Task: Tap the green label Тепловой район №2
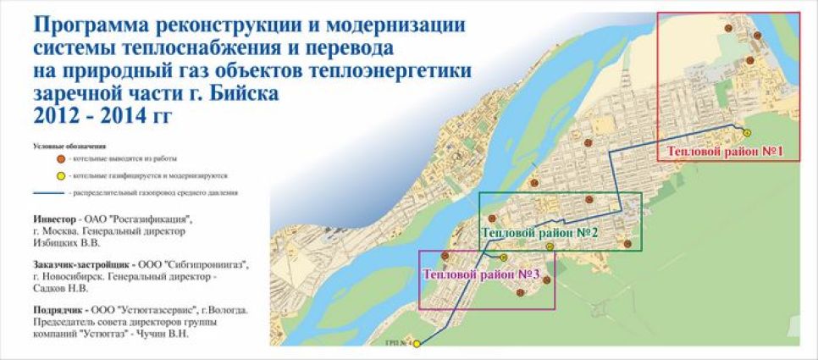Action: (x=542, y=232)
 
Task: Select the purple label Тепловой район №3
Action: (x=482, y=274)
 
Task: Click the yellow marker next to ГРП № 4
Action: (x=416, y=343)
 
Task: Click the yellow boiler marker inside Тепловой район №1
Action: (x=746, y=131)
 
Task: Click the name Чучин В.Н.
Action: (x=191, y=334)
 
